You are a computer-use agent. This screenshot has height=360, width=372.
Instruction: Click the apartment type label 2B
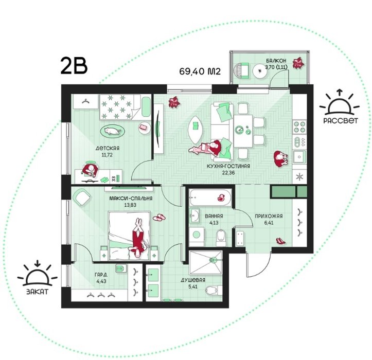point(74,66)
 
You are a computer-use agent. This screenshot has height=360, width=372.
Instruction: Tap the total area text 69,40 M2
point(200,71)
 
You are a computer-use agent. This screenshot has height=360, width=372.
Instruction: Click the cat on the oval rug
point(112,131)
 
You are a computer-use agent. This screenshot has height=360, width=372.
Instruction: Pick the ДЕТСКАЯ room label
point(108,149)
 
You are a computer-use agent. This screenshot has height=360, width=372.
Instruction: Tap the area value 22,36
point(228,173)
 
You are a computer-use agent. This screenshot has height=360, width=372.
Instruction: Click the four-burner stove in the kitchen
point(299,127)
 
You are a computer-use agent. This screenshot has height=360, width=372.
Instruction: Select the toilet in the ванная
point(221,238)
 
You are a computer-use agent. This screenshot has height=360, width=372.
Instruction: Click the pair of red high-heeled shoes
point(280,241)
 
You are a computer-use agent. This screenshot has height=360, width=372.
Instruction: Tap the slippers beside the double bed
point(160,217)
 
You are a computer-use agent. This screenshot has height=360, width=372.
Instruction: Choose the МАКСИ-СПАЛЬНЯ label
point(131,199)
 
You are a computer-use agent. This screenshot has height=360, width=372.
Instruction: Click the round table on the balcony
point(260,70)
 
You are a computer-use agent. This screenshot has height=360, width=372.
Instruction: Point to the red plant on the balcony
point(298,63)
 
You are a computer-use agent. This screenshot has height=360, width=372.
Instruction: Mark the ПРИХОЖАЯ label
point(269,216)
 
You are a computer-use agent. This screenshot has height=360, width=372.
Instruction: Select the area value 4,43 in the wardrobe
point(101,281)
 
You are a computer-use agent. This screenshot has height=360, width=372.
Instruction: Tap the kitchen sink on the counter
point(299,157)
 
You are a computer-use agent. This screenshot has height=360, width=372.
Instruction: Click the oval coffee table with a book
point(196,130)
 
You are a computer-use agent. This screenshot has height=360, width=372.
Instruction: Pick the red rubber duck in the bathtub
point(221,198)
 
